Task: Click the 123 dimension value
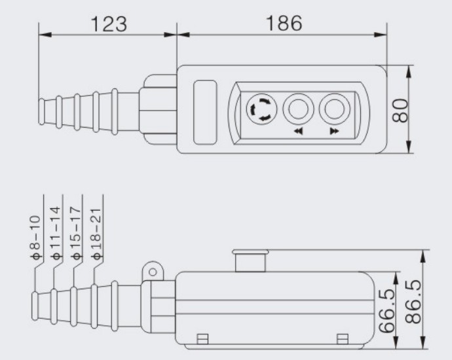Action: pyautogui.click(x=109, y=24)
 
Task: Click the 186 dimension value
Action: pyautogui.click(x=284, y=23)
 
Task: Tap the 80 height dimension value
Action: pyautogui.click(x=400, y=111)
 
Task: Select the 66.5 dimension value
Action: pyautogui.click(x=386, y=311)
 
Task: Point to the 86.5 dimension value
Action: pyautogui.click(x=413, y=302)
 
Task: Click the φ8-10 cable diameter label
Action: pyautogui.click(x=36, y=238)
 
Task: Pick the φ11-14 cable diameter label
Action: pyautogui.click(x=56, y=233)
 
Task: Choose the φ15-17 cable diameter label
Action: pyautogui.click(x=75, y=233)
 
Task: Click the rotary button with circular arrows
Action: pyautogui.click(x=262, y=109)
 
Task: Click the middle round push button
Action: pyautogui.click(x=298, y=109)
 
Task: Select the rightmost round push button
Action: pyautogui.click(x=334, y=109)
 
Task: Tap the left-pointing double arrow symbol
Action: pyautogui.click(x=298, y=132)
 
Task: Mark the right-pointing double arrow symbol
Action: pyautogui.click(x=334, y=132)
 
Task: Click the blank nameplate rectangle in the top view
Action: pyautogui.click(x=205, y=112)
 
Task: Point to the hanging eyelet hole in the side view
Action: pyautogui.click(x=153, y=272)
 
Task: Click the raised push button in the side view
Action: pyautogui.click(x=250, y=261)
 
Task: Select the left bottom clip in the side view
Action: pyautogui.click(x=202, y=339)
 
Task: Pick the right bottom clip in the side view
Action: pyautogui.click(x=343, y=339)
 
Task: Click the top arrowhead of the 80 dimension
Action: pyautogui.click(x=409, y=72)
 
